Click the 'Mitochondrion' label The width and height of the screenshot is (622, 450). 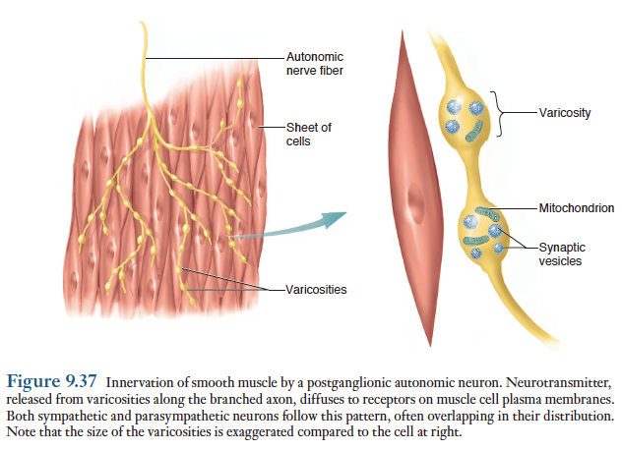577,208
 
